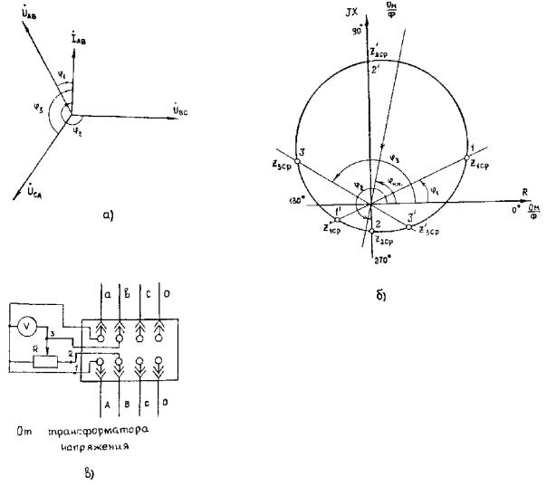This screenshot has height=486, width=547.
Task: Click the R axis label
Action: pyautogui.click(x=526, y=191)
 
